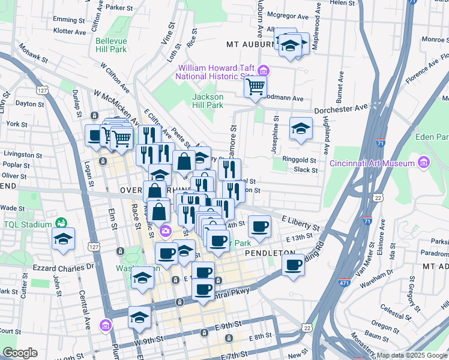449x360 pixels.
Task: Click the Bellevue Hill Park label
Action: click(x=111, y=45)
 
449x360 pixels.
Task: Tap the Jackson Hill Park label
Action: click(x=208, y=101)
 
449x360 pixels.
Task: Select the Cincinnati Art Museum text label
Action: click(x=372, y=163)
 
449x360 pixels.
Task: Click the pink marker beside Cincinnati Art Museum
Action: click(x=424, y=163)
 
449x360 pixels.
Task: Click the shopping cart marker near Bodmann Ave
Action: click(x=256, y=86)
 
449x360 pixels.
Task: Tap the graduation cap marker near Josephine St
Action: click(x=301, y=128)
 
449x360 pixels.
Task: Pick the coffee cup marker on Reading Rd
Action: click(x=293, y=265)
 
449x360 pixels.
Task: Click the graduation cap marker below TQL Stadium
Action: click(x=63, y=239)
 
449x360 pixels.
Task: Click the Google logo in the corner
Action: click(x=20, y=353)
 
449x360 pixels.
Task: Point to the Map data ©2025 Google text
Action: click(x=412, y=355)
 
